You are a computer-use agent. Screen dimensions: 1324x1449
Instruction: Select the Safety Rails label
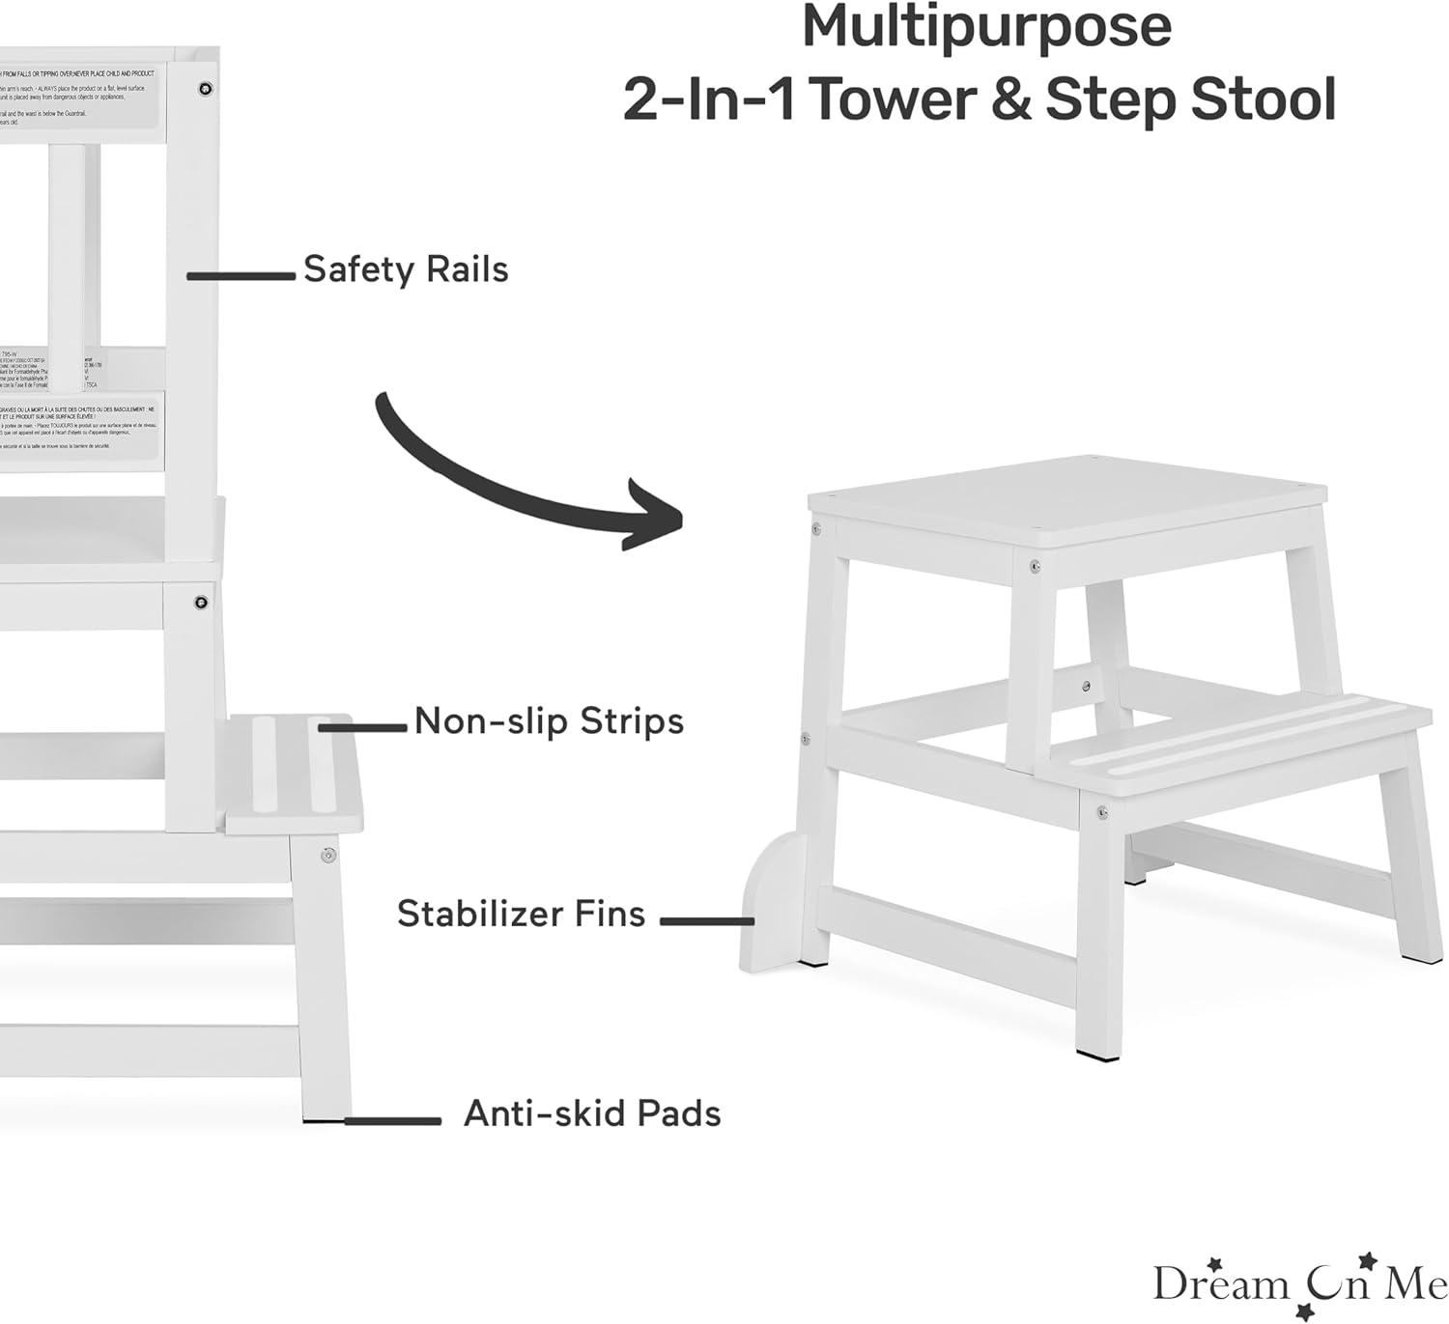(x=406, y=269)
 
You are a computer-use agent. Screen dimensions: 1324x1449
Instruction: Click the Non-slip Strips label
(x=549, y=721)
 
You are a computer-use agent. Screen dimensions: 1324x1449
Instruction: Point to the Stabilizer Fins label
(x=521, y=914)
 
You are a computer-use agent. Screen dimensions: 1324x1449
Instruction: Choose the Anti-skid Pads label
(x=592, y=1113)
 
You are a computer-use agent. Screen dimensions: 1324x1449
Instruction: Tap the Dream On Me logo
(x=1299, y=1282)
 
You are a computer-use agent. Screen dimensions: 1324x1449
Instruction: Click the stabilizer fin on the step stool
(x=773, y=903)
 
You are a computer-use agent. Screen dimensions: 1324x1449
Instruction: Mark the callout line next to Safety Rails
(x=241, y=276)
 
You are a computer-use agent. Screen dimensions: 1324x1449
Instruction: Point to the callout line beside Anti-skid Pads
(x=392, y=1121)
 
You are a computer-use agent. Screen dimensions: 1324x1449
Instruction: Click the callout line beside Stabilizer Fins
(x=706, y=921)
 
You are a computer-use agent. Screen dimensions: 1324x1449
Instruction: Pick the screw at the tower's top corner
(x=205, y=89)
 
